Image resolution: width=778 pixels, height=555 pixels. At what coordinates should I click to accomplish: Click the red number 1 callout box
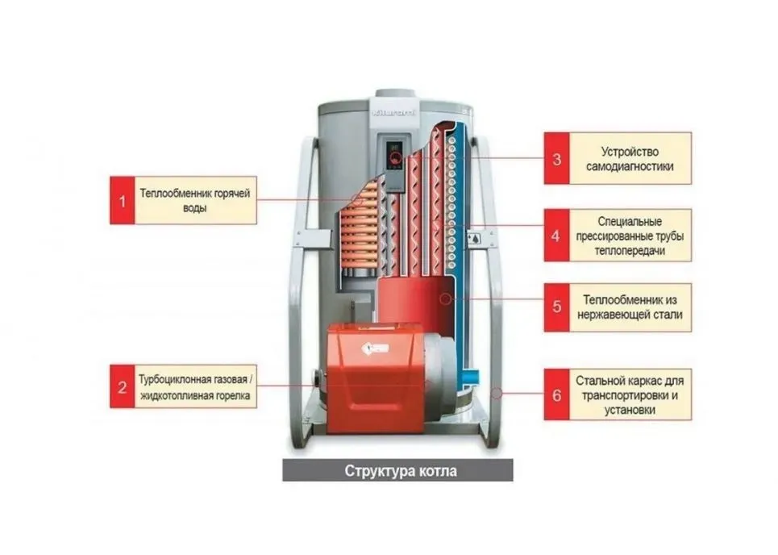coord(123,200)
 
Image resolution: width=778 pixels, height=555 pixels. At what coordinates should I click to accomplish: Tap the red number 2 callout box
coord(123,386)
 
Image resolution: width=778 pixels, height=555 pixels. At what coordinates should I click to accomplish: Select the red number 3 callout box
coord(556,158)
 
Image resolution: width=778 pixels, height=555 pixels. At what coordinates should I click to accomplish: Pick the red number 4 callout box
coord(556,236)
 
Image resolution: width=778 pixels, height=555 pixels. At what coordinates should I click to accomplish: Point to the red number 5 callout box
coord(556,307)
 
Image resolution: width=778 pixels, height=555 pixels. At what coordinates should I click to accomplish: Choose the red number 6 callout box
coord(556,394)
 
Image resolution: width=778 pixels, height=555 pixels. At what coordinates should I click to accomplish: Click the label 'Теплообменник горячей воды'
coord(195,200)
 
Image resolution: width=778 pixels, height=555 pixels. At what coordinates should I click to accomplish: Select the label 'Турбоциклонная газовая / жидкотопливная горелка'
coord(195,386)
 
